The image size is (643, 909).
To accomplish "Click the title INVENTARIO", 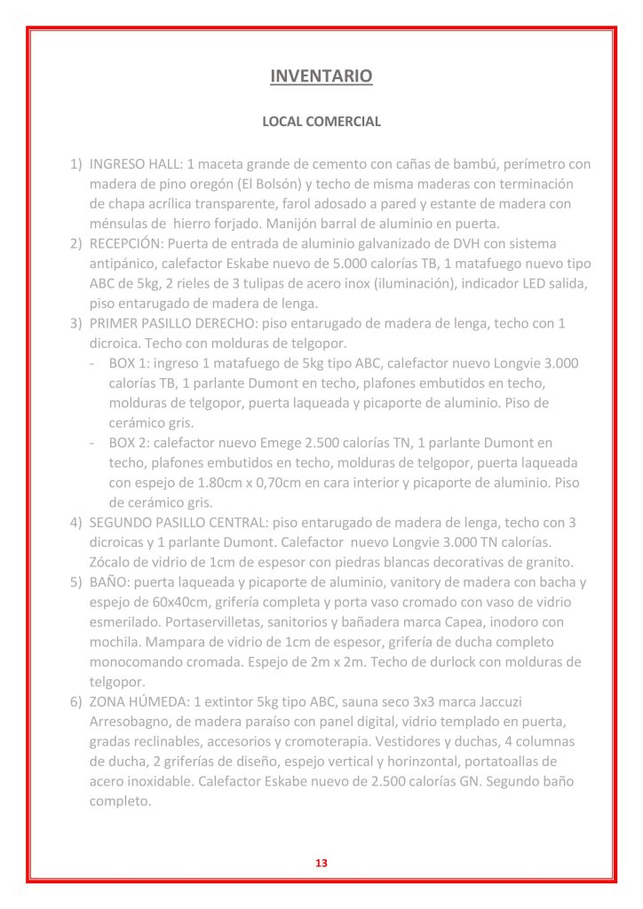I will [x=321, y=76].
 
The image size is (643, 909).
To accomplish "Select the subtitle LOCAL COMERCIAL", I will [x=321, y=122].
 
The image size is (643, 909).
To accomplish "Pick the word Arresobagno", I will [x=131, y=721].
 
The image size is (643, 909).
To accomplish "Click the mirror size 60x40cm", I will [x=166, y=603].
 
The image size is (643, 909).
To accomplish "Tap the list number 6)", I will [x=76, y=701].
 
